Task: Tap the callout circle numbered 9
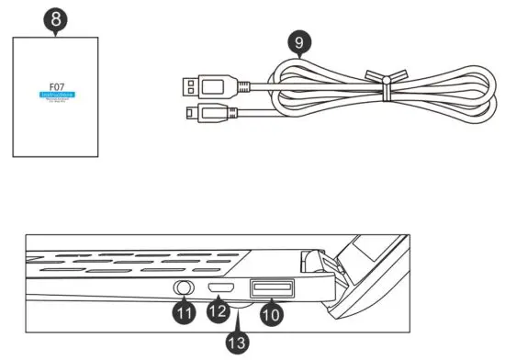pos(297,42)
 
